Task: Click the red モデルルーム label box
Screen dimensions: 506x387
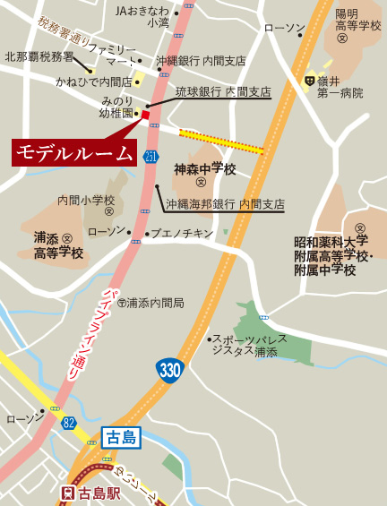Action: pos(74,152)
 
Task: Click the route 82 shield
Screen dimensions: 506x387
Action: pos(68,421)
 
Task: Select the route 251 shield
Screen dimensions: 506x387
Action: pos(150,157)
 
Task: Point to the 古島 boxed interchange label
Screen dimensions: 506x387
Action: pos(119,438)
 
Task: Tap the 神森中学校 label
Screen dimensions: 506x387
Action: pos(204,169)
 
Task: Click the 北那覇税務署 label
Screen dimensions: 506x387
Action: pos(39,56)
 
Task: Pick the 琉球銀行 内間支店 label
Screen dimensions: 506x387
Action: pos(222,92)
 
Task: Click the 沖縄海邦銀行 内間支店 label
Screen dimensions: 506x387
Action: pos(225,204)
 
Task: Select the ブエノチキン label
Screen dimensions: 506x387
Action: pos(182,234)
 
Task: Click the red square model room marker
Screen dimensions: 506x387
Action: pos(146,115)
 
